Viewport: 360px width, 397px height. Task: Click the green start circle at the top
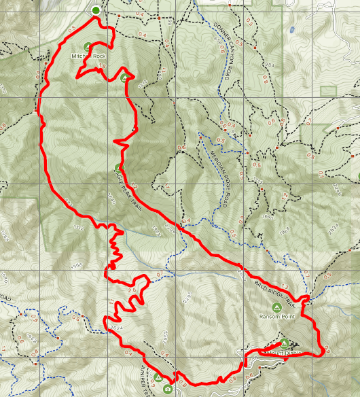(x=96, y=10)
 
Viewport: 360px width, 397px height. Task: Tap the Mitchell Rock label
(x=89, y=56)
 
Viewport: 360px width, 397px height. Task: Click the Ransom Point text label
(x=274, y=316)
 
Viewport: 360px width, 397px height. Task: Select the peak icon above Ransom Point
(x=274, y=307)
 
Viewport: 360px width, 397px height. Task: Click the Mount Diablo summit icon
(x=285, y=343)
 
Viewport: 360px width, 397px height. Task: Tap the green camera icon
(x=168, y=388)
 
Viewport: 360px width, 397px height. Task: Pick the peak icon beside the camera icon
(x=158, y=378)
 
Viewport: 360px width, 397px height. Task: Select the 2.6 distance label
(x=132, y=290)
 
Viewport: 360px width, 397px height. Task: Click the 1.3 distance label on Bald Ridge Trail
(x=285, y=287)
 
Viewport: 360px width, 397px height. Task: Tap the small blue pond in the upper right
(x=291, y=31)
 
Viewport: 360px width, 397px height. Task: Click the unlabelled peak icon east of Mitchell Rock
(x=125, y=78)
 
